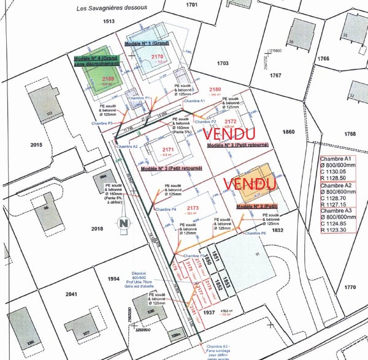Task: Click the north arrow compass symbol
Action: point(125,223)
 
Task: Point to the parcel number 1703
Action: point(222,63)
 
